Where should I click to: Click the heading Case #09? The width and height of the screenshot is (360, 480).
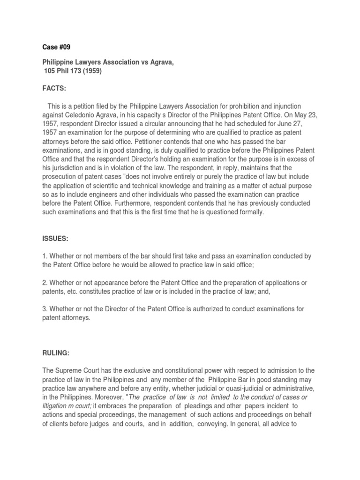(56, 47)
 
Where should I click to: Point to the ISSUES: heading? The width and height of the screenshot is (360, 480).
(56, 239)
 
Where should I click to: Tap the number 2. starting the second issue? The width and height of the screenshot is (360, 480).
(45, 283)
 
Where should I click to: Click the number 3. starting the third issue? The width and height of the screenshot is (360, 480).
(45, 309)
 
